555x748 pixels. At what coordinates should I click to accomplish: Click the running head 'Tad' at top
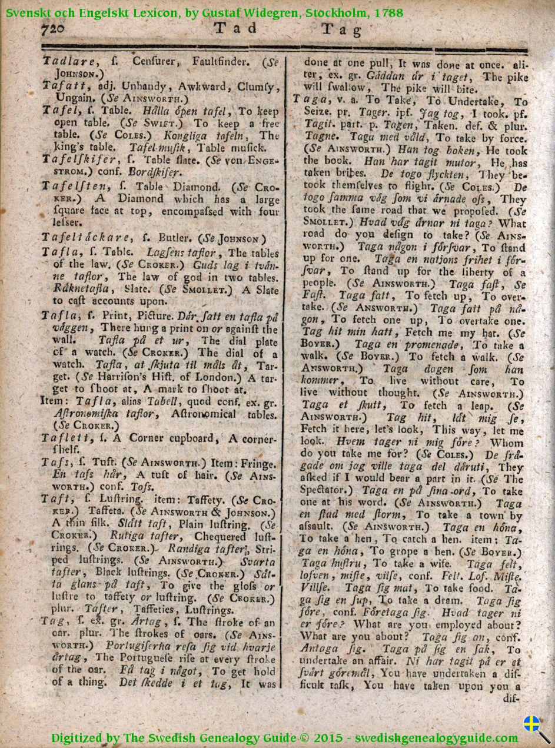tap(235, 28)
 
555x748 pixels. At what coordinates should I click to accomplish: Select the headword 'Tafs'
tap(53, 463)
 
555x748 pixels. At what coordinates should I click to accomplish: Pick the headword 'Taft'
tap(54, 499)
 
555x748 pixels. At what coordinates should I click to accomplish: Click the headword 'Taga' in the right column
tap(305, 99)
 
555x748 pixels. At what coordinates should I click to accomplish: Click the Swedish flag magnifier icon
tap(536, 727)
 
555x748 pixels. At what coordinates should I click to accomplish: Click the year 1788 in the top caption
tap(388, 12)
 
